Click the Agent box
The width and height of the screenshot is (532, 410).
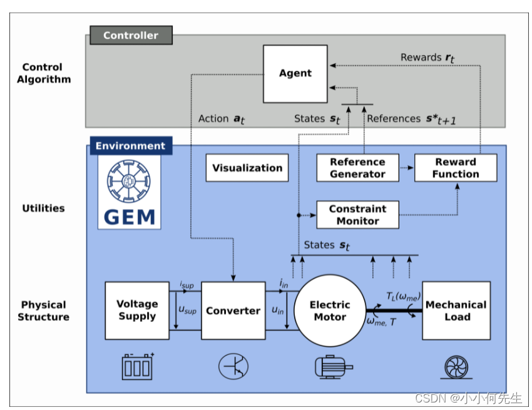pos(295,73)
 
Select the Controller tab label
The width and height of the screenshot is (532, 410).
pos(130,36)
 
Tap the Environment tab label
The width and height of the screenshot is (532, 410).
pos(130,146)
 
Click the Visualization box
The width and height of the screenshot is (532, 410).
pos(247,168)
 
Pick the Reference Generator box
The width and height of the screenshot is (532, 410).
pos(357,168)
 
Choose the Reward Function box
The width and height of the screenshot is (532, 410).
pos(455,168)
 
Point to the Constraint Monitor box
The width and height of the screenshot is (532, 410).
pos(357,215)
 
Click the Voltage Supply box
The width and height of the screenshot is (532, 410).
pos(137,310)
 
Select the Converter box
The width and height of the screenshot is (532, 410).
pos(233,310)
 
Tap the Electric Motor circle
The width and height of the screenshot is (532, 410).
pos(330,310)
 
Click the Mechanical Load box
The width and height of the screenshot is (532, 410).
pos(456,310)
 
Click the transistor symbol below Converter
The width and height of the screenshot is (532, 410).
pos(233,366)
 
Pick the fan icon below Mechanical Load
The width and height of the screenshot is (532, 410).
pos(456,367)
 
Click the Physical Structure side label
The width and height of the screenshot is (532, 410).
pos(43,310)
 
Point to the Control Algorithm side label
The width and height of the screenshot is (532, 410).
pos(43,73)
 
